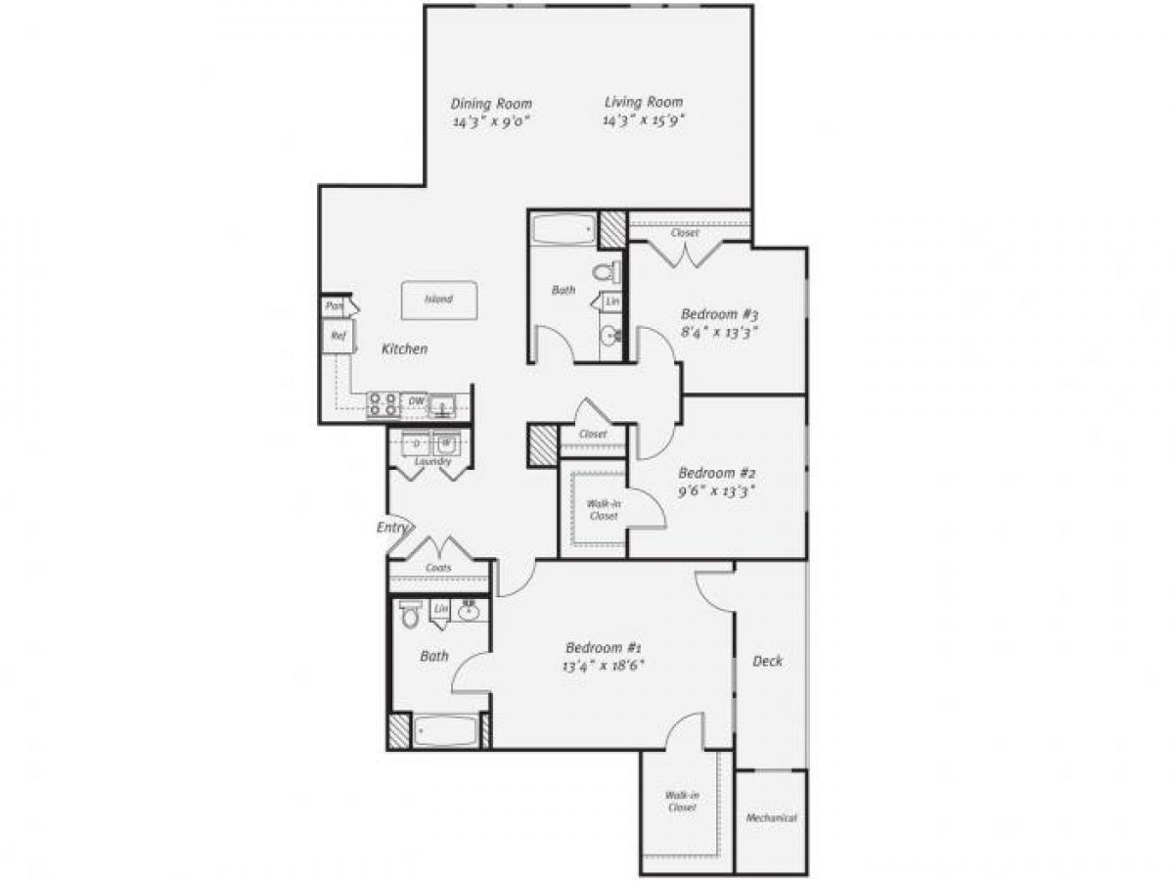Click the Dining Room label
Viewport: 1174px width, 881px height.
pos(491,103)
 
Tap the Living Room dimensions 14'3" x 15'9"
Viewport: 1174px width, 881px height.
pos(643,121)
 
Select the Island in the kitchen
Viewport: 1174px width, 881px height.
pos(437,299)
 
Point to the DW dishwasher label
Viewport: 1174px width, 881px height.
pos(415,400)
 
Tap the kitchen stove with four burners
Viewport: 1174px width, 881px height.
pos(383,403)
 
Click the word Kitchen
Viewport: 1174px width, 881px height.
pos(404,348)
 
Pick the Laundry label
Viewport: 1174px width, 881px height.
pos(431,461)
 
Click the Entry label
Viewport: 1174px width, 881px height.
pos(391,528)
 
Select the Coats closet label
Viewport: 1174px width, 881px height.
pos(437,567)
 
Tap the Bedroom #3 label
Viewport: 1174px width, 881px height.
pos(720,314)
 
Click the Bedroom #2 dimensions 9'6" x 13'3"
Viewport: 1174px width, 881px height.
pos(718,489)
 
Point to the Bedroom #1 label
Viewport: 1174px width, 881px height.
pos(604,647)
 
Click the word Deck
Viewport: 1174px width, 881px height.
pos(767,661)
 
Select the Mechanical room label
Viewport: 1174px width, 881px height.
pos(771,818)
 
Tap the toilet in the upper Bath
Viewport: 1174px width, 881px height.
pos(608,271)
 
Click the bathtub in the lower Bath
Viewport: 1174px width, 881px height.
pos(445,731)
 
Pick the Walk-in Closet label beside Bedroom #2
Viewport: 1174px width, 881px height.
pos(603,510)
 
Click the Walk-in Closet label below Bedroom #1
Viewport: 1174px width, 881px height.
pos(682,802)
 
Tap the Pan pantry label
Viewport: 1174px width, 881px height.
pos(334,306)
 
